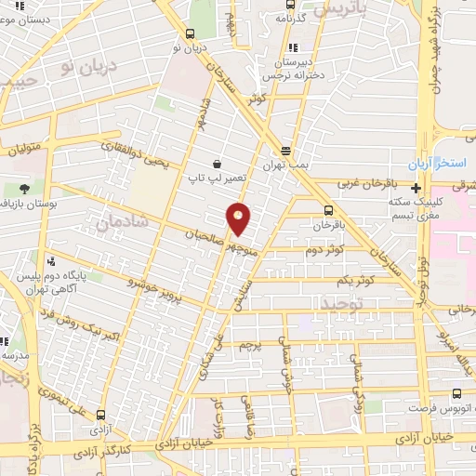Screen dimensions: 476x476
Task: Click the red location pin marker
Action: [x=239, y=218]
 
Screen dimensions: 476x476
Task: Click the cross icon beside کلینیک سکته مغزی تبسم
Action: [x=417, y=188]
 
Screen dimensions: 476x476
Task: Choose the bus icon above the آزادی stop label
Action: [x=99, y=416]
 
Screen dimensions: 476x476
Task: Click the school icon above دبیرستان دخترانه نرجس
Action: [x=294, y=47]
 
